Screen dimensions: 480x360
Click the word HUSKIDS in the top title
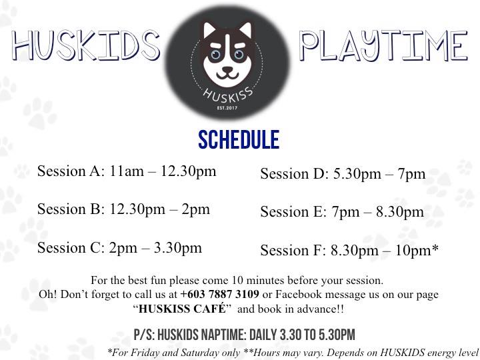coord(86,45)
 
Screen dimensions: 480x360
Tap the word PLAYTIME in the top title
coord(384,45)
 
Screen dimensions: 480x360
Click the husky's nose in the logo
coord(227,71)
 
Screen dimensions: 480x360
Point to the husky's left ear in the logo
coord(210,30)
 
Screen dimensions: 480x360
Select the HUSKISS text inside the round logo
coord(228,95)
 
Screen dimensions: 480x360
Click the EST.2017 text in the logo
coord(227,108)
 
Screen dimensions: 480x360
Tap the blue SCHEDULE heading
coord(239,139)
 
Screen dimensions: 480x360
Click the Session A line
coord(127,171)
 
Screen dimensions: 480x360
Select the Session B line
coord(124,209)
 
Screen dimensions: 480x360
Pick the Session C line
coord(119,247)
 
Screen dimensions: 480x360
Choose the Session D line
coord(343,174)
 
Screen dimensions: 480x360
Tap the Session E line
coord(342,212)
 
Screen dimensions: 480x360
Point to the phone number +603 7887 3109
coord(220,294)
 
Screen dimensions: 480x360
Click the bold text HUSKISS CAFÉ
coord(182,309)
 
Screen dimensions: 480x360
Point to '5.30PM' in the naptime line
coord(337,335)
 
